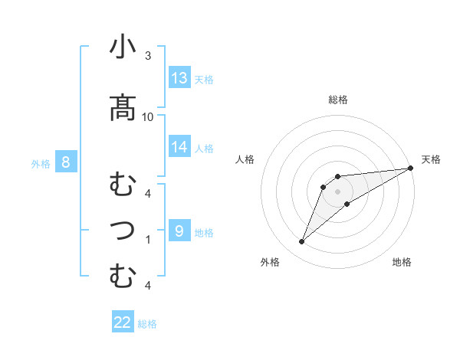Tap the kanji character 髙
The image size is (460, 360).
123,107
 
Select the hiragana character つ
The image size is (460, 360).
123,229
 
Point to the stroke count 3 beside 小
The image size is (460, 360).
148,56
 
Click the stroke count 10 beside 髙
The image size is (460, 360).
148,116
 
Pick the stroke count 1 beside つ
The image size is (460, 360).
148,239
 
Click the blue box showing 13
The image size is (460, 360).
179,78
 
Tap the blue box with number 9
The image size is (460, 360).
179,231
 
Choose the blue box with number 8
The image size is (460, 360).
66,162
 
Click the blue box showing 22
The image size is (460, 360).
123,322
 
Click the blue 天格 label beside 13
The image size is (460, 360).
204,80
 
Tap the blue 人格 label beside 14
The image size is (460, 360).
204,148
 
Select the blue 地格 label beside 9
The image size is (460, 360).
204,233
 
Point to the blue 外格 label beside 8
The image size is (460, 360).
41,163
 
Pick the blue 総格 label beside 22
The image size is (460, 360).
147,324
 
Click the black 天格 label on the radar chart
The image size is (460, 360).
431,159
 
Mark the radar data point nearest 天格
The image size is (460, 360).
410,169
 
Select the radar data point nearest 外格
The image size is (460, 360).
301,242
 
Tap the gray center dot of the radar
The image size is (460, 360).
338,191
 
